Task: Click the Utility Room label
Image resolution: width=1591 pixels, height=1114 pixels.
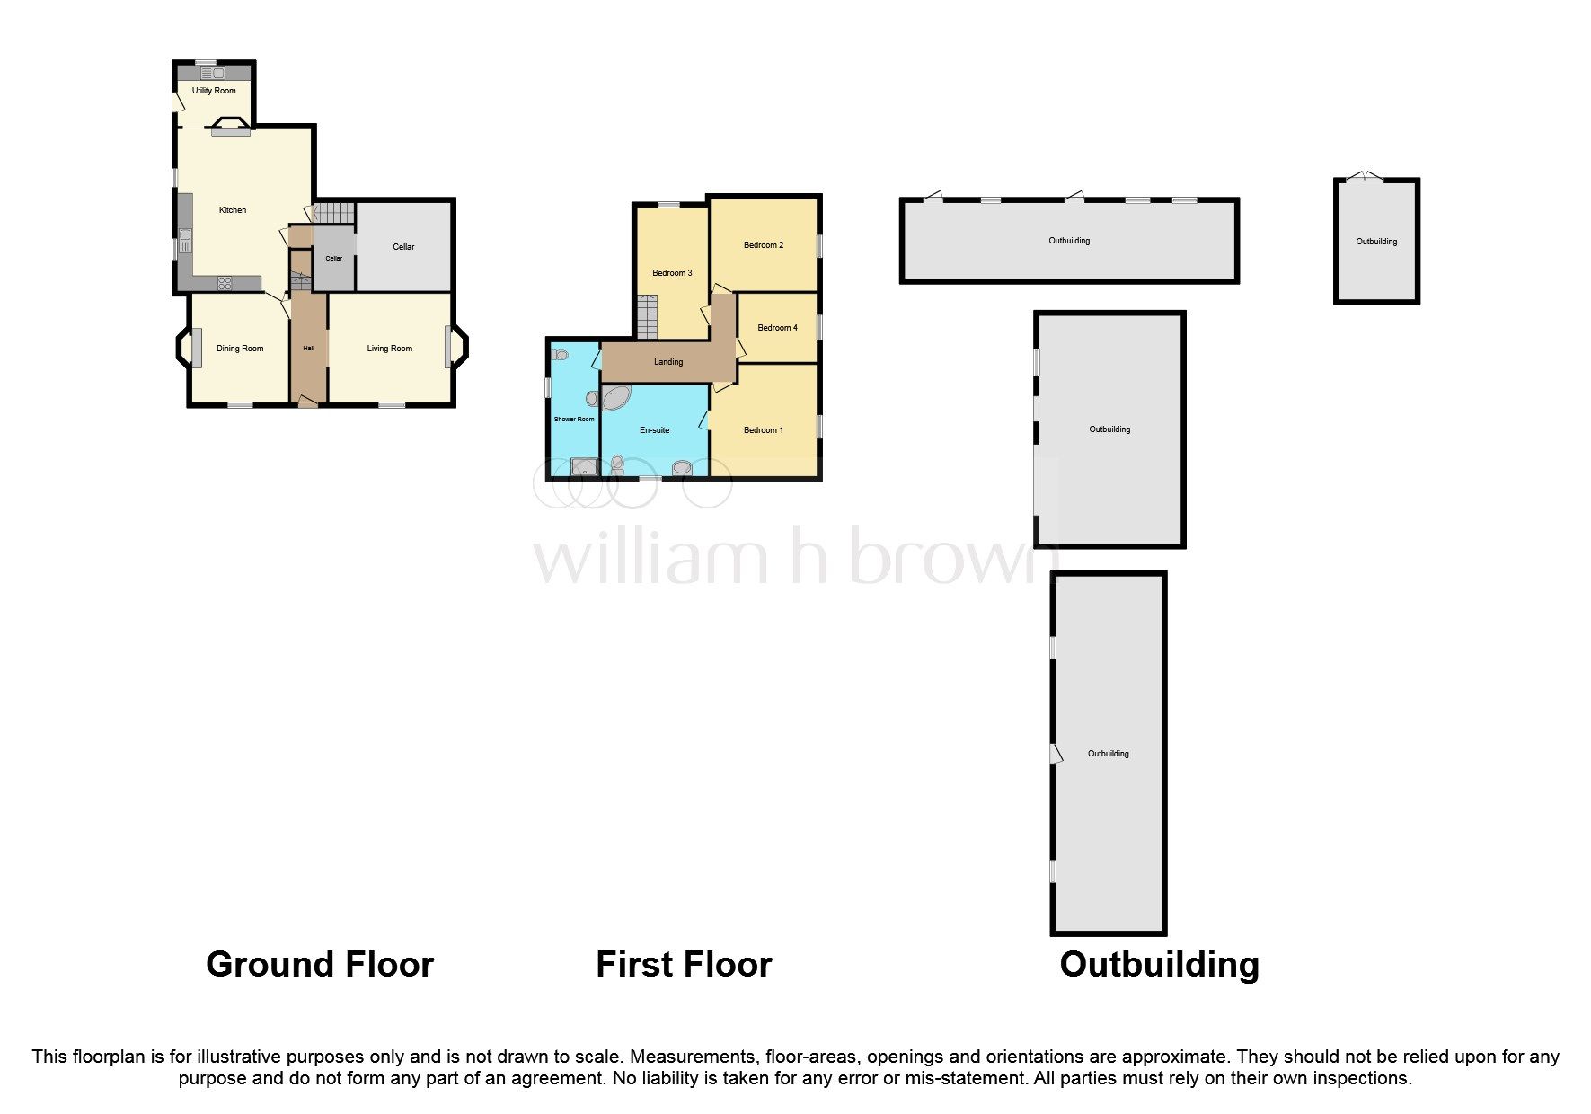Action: tap(214, 91)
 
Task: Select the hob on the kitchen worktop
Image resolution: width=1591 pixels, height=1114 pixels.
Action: tap(225, 283)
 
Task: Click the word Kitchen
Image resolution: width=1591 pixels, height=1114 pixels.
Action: tap(233, 210)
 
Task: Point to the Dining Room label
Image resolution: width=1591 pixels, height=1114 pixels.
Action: tap(240, 349)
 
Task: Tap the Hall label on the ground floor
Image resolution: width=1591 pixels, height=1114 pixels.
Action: tap(308, 349)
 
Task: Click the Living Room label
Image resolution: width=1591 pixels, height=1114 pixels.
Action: tap(389, 349)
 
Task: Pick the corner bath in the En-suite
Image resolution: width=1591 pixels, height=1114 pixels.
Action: tap(615, 399)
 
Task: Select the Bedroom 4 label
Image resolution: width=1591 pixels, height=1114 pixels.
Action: tap(777, 328)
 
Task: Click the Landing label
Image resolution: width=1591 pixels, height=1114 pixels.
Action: tap(668, 362)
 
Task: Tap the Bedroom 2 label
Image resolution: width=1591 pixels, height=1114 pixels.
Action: tap(764, 245)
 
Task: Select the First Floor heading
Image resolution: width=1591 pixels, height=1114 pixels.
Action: tap(684, 965)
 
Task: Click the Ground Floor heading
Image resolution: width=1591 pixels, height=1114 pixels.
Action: tap(320, 965)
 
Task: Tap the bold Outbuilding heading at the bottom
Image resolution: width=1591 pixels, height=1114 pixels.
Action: tap(1159, 965)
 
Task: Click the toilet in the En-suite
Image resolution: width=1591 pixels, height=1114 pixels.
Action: tap(617, 464)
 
